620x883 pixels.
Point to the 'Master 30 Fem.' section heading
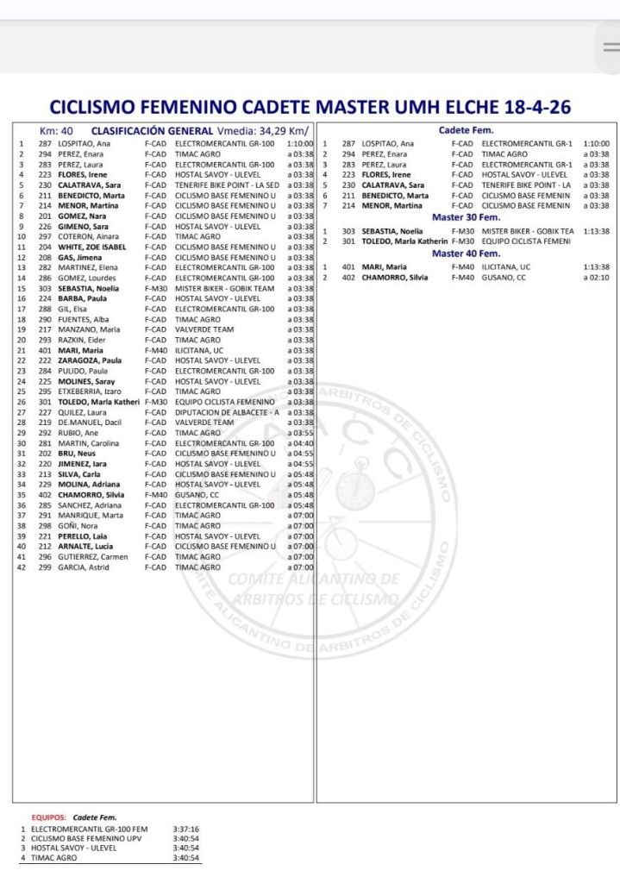pyautogui.click(x=466, y=217)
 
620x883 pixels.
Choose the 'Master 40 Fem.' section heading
pyautogui.click(x=466, y=254)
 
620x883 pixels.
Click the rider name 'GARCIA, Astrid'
pyautogui.click(x=85, y=567)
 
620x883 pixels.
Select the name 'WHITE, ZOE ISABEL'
pyautogui.click(x=92, y=247)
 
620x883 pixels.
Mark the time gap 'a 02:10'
pyautogui.click(x=596, y=278)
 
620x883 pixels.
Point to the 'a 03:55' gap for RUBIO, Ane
pyautogui.click(x=300, y=433)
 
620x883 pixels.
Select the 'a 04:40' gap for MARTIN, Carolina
pyautogui.click(x=300, y=443)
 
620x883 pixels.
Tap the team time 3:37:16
pyautogui.click(x=185, y=830)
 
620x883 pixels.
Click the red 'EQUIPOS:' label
pyautogui.click(x=50, y=817)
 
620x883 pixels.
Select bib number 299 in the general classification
pyautogui.click(x=46, y=567)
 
